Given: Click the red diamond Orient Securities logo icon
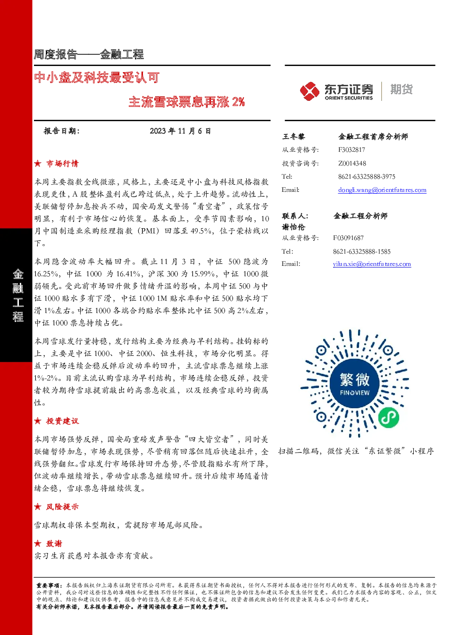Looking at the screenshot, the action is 309,91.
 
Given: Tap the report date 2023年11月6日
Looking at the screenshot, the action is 180,131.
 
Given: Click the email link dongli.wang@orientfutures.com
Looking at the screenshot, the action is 382,190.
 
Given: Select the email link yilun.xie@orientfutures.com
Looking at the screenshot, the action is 372,264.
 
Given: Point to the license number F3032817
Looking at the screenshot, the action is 351,150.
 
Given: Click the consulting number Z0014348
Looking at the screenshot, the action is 352,163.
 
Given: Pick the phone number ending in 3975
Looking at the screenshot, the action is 367,177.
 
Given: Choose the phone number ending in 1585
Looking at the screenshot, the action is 362,251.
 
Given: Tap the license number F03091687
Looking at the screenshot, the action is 348,238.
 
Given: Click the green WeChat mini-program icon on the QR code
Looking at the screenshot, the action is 389,418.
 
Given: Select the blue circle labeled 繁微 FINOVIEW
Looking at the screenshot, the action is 355,384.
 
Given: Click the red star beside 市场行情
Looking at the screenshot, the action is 38,164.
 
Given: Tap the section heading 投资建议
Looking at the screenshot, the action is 62,421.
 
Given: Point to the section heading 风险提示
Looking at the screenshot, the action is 62,507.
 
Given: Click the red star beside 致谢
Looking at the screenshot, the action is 38,544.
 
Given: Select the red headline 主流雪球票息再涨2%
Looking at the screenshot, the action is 187,102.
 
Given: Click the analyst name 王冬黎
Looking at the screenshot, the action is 293,137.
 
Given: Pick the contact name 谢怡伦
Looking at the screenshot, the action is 293,227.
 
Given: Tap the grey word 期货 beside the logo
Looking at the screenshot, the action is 401,89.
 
